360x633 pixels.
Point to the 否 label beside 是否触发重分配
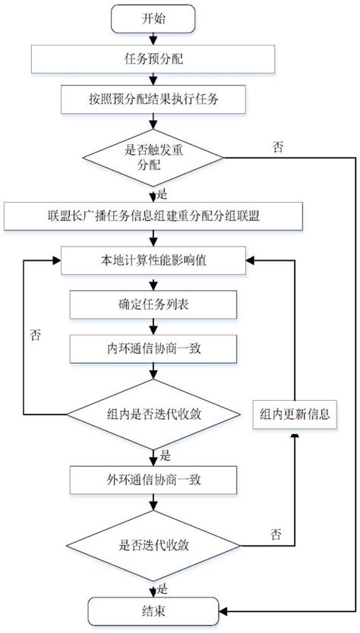tap(279, 146)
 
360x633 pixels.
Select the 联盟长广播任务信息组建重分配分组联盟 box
tap(153, 216)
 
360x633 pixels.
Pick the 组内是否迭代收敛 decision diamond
tap(153, 414)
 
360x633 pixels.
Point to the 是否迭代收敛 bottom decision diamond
tap(153, 544)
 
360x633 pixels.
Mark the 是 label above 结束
tap(162, 587)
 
